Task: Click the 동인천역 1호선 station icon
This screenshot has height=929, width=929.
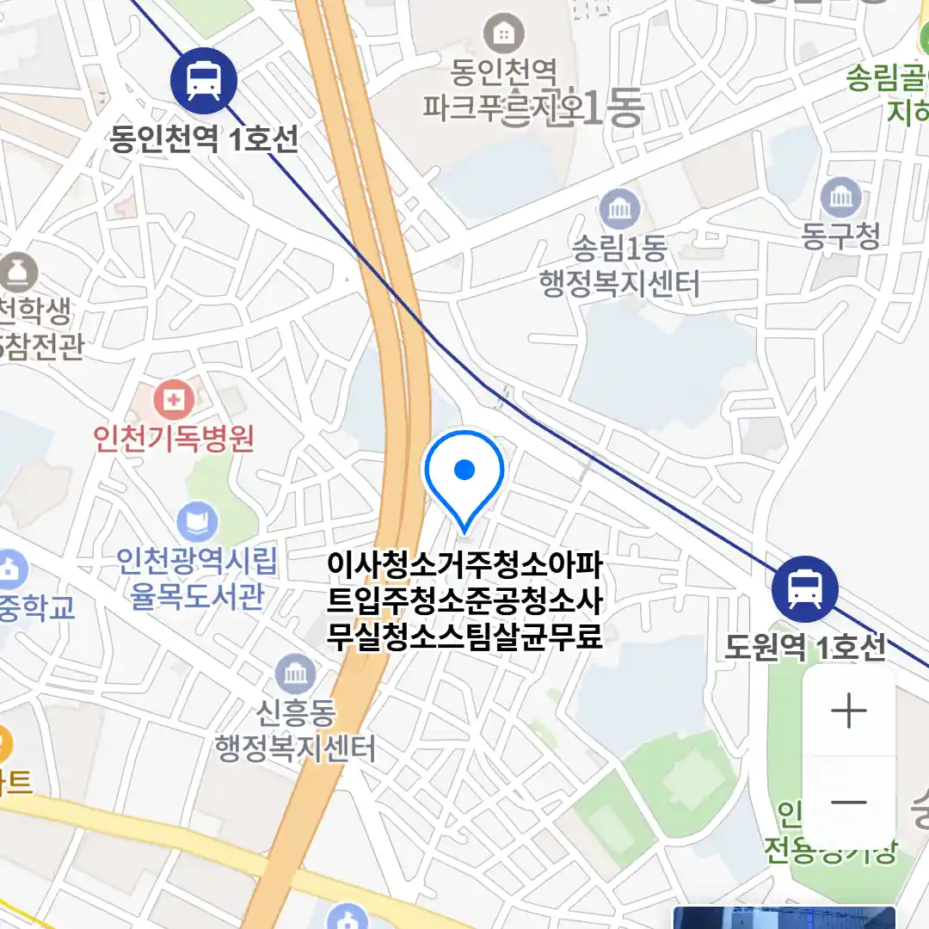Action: [x=203, y=81]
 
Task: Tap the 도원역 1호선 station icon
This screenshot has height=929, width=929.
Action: [x=805, y=589]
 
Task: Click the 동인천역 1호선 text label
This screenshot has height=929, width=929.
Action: [x=204, y=138]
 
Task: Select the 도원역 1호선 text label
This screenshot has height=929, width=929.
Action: [x=804, y=647]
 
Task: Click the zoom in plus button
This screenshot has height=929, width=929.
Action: [x=849, y=711]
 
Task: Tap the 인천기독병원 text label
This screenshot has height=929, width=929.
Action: [x=174, y=439]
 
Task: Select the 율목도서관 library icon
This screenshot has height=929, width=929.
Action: [x=198, y=521]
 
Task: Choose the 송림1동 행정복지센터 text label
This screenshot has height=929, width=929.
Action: [x=618, y=266]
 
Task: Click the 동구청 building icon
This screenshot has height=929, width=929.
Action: [x=840, y=197]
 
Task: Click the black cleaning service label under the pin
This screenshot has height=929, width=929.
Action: [x=464, y=601]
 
